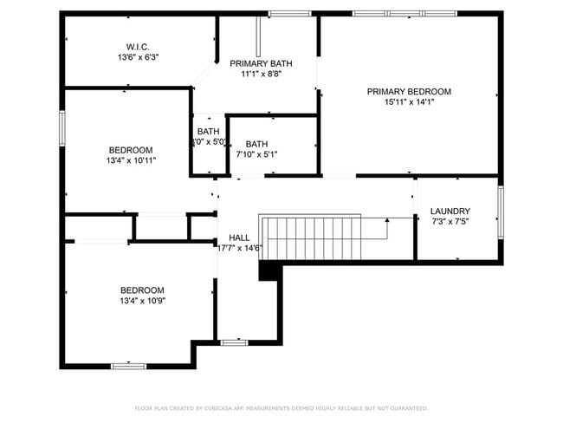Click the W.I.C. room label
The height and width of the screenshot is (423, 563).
click(139, 46)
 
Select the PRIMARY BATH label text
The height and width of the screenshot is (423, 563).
click(260, 63)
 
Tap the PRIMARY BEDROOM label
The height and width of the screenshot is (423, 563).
click(409, 91)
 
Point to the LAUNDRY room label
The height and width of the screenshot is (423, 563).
click(450, 211)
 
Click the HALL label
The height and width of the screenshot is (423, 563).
click(239, 238)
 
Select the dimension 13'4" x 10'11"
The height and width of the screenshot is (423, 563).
click(131, 160)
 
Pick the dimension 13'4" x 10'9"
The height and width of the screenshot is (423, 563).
click(142, 301)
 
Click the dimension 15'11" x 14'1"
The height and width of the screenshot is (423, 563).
click(409, 101)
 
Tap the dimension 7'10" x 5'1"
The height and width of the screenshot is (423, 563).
click(256, 154)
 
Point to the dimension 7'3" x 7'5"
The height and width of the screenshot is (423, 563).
click(450, 222)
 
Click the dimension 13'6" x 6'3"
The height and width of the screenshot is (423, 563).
click(139, 56)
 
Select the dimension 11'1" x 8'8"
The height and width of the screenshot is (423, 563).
click(261, 74)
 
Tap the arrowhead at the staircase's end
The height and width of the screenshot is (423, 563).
click(387, 220)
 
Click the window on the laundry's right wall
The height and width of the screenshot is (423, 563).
click(500, 212)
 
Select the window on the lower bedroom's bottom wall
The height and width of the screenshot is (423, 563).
click(127, 366)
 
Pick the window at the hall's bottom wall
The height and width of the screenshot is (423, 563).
click(234, 343)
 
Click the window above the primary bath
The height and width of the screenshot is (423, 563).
click(289, 13)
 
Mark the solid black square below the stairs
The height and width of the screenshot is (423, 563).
click(270, 271)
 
